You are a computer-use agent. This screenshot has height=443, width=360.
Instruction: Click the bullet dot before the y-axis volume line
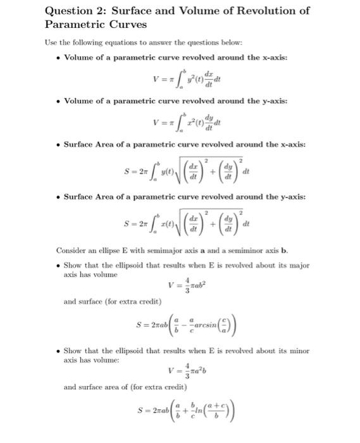point(58,101)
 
